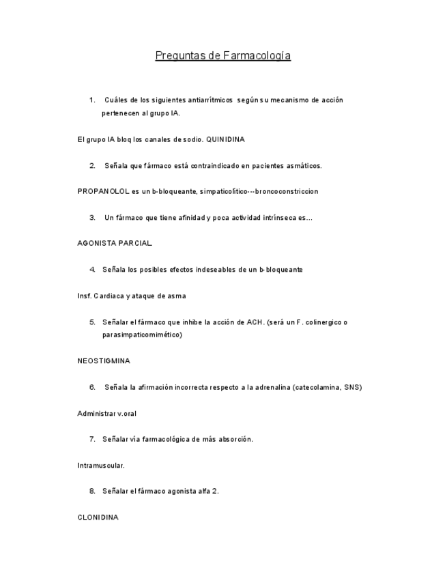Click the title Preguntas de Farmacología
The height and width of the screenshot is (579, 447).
pyautogui.click(x=223, y=56)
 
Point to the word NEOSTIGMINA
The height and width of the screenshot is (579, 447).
pyautogui.click(x=104, y=361)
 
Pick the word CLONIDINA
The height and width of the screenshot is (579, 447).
pyautogui.click(x=98, y=518)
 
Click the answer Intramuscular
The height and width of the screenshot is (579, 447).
pyautogui.click(x=101, y=466)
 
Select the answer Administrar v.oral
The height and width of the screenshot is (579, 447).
pyautogui.click(x=106, y=414)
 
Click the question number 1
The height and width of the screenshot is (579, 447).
pyautogui.click(x=92, y=100)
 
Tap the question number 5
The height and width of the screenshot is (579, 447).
pyautogui.click(x=92, y=322)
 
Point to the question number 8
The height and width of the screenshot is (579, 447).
pyautogui.click(x=92, y=491)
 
